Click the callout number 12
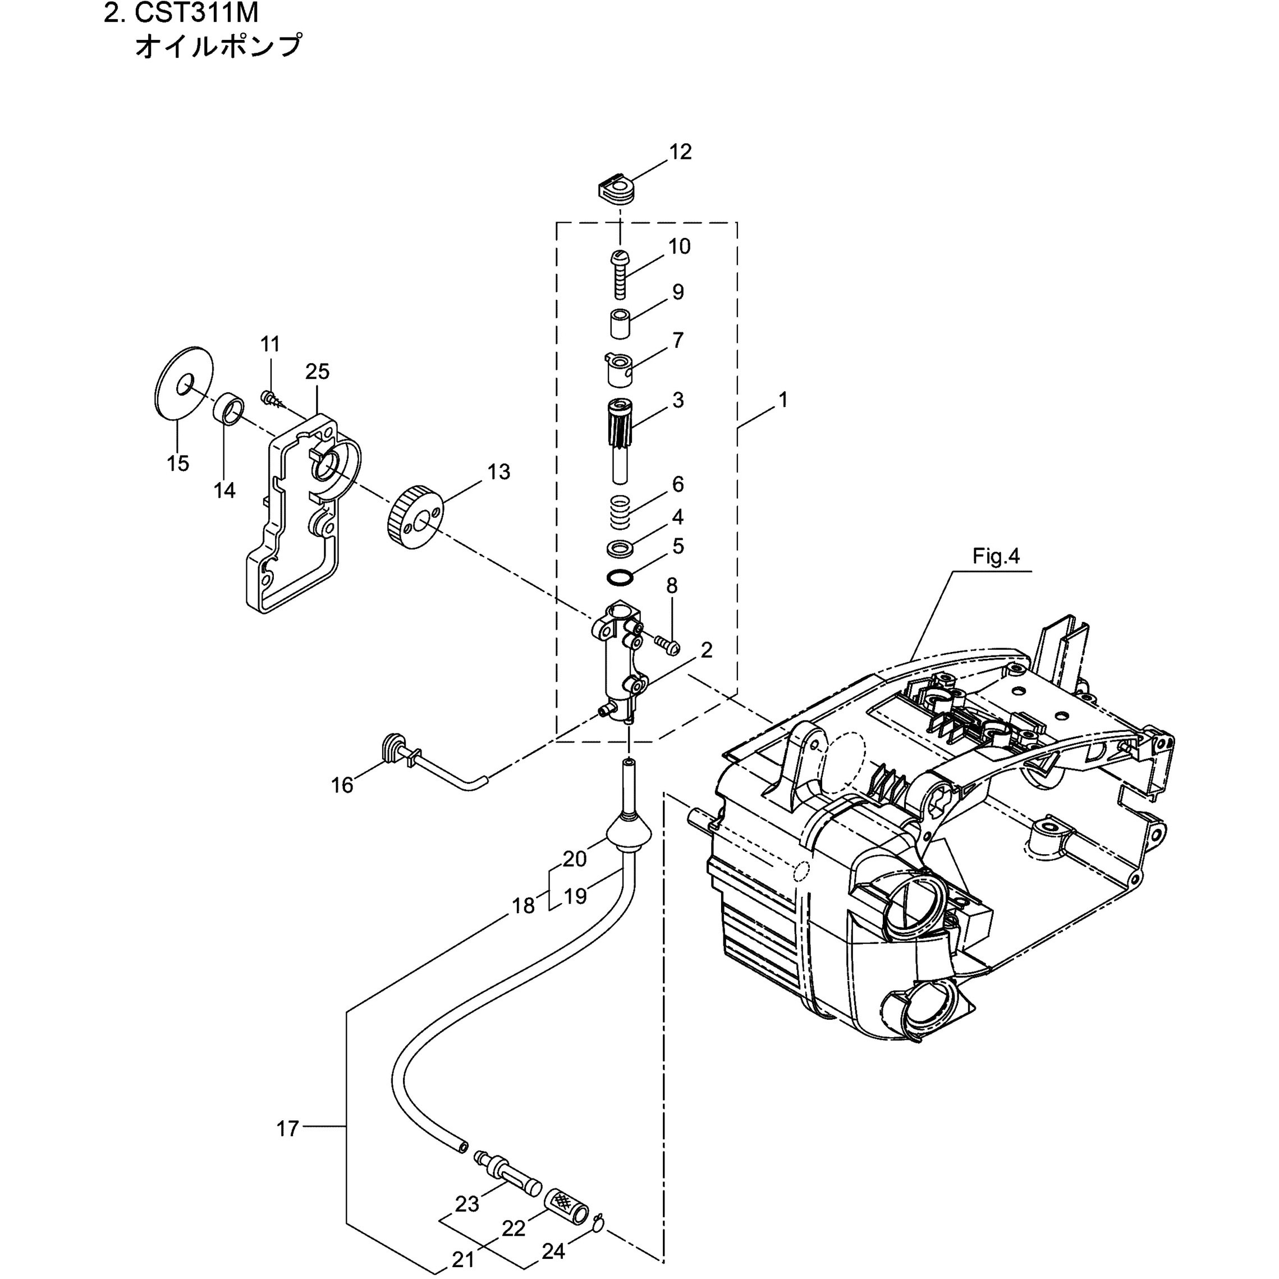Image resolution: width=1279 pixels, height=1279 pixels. tap(680, 152)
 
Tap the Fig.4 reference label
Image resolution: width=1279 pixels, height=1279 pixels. tap(996, 557)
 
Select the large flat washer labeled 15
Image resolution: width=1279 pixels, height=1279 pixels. tap(183, 382)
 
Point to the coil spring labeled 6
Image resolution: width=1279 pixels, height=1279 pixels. tap(620, 512)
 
